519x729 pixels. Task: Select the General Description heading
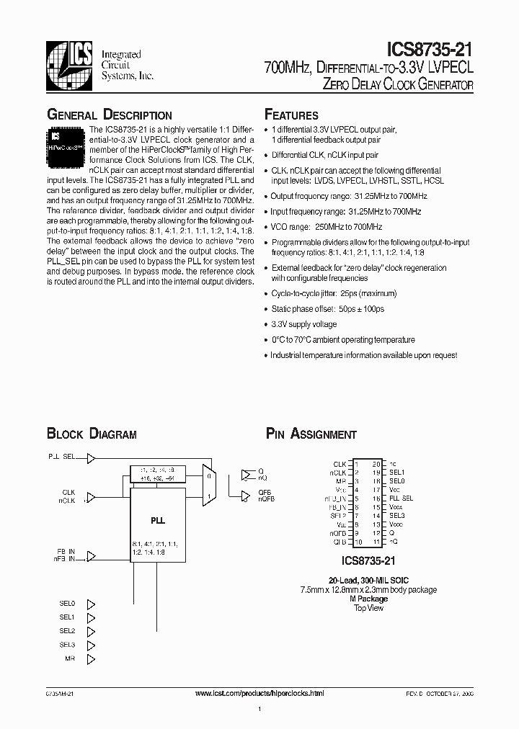tap(109, 115)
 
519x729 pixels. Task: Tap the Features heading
tap(291, 115)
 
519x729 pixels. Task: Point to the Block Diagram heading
tap(92, 434)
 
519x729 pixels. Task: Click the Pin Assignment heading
tap(311, 434)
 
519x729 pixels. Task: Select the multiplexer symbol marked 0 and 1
tap(209, 483)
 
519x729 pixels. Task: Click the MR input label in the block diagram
tap(69, 659)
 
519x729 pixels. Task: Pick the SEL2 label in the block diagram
tap(67, 631)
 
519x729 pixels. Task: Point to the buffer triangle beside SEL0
tap(91, 603)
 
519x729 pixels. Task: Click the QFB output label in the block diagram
tap(265, 492)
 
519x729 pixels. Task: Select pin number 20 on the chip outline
tap(376, 464)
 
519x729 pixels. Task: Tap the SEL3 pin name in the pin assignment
tap(397, 515)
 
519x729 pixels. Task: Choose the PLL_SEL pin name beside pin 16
tap(402, 498)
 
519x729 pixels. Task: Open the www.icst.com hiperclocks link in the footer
tap(259, 692)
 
